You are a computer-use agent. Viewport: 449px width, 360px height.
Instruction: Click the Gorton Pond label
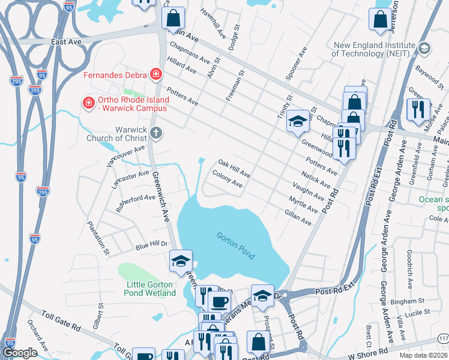pyautogui.click(x=236, y=245)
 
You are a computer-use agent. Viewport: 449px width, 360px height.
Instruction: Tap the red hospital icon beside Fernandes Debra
pyautogui.click(x=156, y=74)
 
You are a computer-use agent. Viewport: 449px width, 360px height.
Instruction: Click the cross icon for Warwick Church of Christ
pyautogui.click(x=156, y=133)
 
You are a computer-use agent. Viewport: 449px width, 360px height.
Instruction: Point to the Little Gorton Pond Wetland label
pyautogui.click(x=151, y=289)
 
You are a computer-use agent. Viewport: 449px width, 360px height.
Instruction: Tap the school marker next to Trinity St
pyautogui.click(x=297, y=123)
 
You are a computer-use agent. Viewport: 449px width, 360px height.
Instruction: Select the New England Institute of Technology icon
pyautogui.click(x=424, y=47)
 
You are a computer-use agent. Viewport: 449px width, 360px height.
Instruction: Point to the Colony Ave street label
pyautogui.click(x=228, y=179)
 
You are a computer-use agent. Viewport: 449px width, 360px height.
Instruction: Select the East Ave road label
pyautogui.click(x=66, y=42)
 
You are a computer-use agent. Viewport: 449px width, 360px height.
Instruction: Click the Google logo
pyautogui.click(x=20, y=353)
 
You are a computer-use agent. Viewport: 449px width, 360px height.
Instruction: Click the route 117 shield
pyautogui.click(x=442, y=339)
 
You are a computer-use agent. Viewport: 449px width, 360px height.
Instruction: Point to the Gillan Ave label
pyautogui.click(x=298, y=217)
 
